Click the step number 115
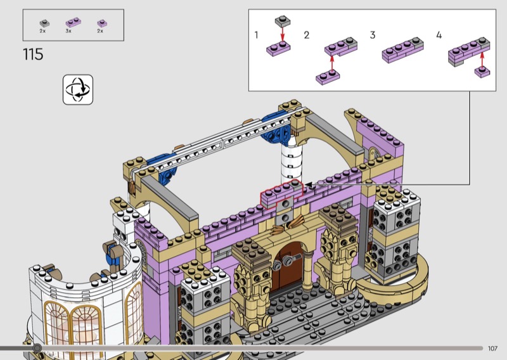[33, 55]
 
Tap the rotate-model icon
[78, 89]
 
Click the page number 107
[492, 349]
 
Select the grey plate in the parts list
[44, 23]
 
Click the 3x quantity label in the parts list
[68, 31]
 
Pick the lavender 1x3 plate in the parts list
[74, 22]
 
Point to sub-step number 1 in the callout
[257, 35]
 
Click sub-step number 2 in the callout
[307, 35]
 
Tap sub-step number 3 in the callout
[373, 35]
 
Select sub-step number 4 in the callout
[439, 35]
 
